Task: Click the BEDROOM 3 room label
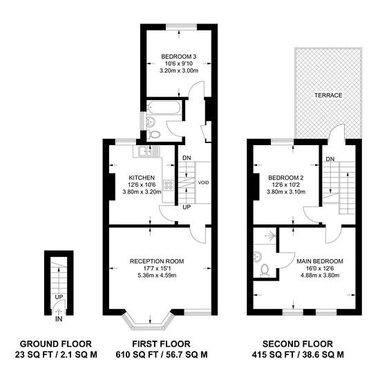(179, 57)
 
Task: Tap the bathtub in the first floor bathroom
(164, 108)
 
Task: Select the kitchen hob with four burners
(169, 185)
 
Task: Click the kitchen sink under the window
(145, 151)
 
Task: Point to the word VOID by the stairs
(203, 182)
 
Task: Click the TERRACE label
(328, 95)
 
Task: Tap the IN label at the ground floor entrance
(59, 319)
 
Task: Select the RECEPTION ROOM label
(157, 261)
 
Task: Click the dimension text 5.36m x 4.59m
(157, 275)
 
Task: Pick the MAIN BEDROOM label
(320, 261)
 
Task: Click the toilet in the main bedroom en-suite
(264, 270)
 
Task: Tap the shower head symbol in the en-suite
(272, 235)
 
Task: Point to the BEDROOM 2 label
(286, 178)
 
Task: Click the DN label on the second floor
(330, 159)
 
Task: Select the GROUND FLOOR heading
(56, 344)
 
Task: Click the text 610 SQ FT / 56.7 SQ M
(162, 355)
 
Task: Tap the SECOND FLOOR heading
(298, 344)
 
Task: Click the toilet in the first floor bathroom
(154, 134)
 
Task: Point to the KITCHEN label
(142, 178)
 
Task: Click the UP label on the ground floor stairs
(59, 297)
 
